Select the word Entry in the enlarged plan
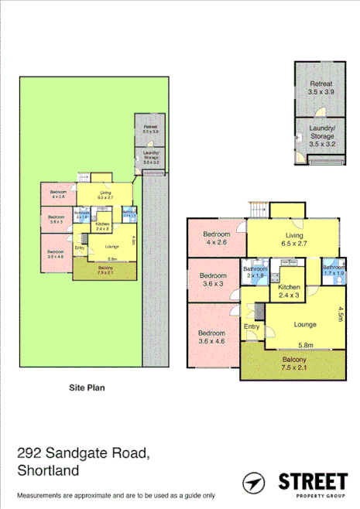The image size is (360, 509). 252,327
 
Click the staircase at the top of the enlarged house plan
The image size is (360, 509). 259,209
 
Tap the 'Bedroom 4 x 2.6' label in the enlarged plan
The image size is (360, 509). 217,239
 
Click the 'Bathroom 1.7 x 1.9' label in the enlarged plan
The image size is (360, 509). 334,270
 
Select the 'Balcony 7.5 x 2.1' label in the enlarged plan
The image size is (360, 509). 293,364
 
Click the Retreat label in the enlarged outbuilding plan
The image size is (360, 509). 321,87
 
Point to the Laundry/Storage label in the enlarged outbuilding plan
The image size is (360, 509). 321,136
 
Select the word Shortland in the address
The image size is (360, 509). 49,470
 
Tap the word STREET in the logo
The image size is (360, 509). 310,480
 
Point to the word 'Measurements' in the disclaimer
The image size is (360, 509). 36,495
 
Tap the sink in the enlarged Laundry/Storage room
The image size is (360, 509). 300,136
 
